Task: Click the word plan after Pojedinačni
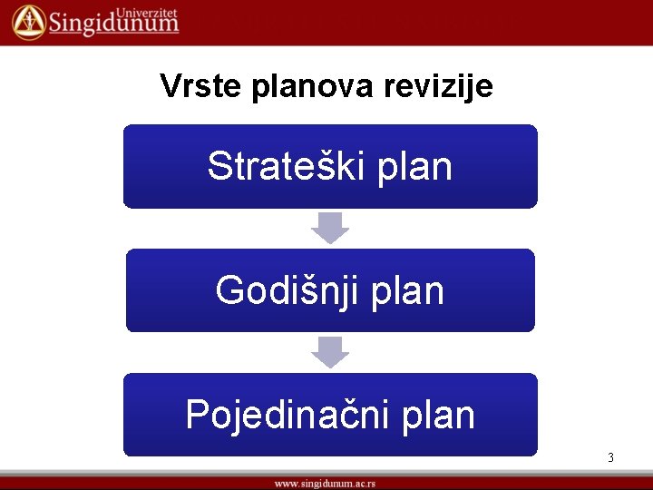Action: (440, 416)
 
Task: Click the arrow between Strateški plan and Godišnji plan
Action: (330, 227)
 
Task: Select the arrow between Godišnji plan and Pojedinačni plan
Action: (330, 351)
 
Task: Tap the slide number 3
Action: (610, 458)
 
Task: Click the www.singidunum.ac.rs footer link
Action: (326, 484)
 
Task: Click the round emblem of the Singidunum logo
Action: (29, 21)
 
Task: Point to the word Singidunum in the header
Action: (113, 24)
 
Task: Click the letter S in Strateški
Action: (219, 167)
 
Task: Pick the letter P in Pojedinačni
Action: (197, 415)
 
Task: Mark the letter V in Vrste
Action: (169, 86)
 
